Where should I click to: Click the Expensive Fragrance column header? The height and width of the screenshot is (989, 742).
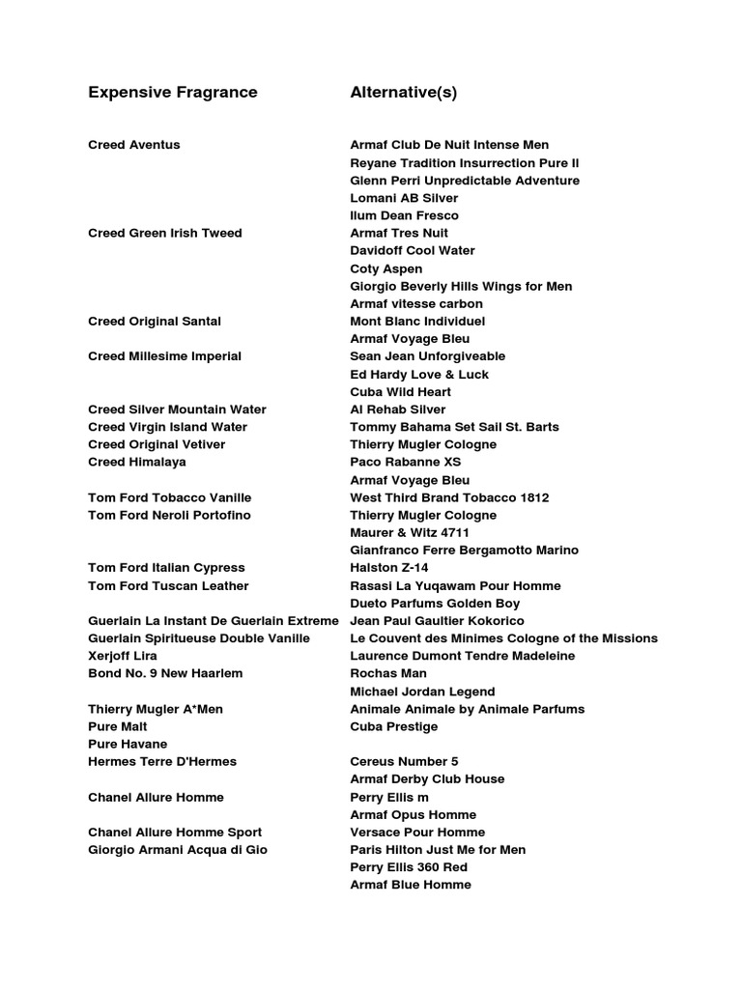tap(173, 93)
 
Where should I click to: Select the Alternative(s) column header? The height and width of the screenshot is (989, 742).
tap(404, 93)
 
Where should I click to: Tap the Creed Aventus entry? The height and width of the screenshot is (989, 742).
tap(134, 145)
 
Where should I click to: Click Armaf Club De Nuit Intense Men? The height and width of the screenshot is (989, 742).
tap(449, 145)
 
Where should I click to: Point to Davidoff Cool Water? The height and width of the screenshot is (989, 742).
tap(413, 250)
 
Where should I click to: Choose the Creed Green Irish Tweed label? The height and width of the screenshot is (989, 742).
tap(165, 233)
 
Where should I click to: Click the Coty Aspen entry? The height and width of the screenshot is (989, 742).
tap(386, 268)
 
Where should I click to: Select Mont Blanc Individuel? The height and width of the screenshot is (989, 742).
tap(417, 321)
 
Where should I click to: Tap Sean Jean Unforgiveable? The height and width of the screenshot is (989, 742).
tap(428, 355)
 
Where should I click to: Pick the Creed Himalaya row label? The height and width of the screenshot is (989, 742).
tap(137, 462)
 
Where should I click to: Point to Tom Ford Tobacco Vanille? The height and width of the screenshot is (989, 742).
tap(170, 497)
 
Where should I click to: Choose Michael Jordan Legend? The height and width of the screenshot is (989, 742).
tap(422, 692)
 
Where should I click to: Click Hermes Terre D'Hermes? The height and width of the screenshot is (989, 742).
tap(162, 761)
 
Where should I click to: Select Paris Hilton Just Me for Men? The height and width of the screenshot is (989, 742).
tap(438, 850)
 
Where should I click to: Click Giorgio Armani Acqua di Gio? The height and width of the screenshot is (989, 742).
tap(178, 850)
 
